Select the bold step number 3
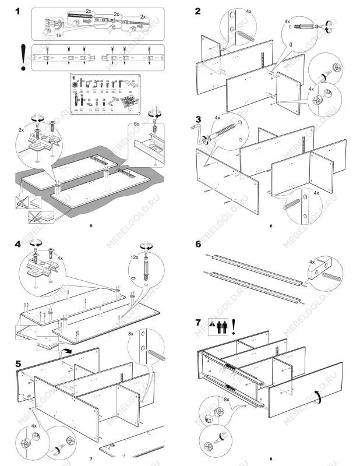(x=198, y=120)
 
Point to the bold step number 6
(x=198, y=244)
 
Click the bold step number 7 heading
(x=198, y=322)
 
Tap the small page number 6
(x=271, y=225)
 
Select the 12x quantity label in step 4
(x=135, y=257)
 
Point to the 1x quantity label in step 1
(x=59, y=36)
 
